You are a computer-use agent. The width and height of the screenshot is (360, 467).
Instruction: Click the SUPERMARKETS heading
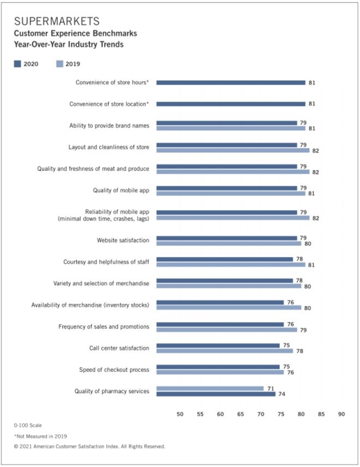(x=57, y=22)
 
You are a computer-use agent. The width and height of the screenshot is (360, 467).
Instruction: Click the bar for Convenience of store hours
(x=231, y=83)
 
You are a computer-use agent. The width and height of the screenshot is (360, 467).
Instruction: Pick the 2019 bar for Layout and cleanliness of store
(x=233, y=150)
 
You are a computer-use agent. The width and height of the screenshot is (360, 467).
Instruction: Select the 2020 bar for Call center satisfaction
(x=218, y=345)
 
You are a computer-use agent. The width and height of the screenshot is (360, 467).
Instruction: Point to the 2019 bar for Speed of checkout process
(x=220, y=373)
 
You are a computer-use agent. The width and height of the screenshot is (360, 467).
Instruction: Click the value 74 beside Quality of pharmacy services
(x=282, y=394)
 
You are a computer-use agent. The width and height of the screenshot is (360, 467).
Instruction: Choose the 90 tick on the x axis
(x=341, y=415)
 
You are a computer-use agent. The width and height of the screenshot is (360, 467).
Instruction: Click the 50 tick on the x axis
(x=180, y=415)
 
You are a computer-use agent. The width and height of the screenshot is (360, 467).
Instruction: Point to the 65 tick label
(x=241, y=415)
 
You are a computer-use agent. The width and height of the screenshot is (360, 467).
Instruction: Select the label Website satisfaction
(x=123, y=240)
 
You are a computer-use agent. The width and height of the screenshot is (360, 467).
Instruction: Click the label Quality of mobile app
(x=121, y=191)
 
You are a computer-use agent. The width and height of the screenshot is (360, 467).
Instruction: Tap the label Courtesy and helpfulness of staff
(x=106, y=262)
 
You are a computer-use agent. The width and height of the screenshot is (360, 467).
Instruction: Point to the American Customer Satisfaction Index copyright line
(x=89, y=446)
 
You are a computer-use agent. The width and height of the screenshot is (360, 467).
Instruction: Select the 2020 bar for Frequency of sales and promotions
(x=220, y=324)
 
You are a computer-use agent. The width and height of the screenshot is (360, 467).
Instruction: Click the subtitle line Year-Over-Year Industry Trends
(x=68, y=45)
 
